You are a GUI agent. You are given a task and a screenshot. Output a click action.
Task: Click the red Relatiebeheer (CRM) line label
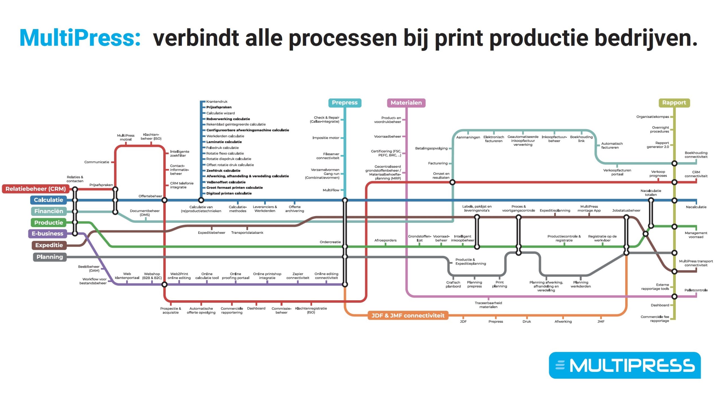pyautogui.click(x=35, y=189)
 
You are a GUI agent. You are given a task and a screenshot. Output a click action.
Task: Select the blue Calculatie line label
pyautogui.click(x=48, y=200)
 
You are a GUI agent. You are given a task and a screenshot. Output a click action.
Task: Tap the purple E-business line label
pyautogui.click(x=47, y=234)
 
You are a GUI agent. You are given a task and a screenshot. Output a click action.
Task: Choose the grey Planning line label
pyautogui.click(x=50, y=257)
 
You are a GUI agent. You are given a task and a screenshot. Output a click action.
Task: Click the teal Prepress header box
pyautogui.click(x=345, y=103)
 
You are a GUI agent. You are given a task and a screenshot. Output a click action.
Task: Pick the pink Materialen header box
pyautogui.click(x=406, y=103)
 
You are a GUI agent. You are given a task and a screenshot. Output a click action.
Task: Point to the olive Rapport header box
pyautogui.click(x=674, y=103)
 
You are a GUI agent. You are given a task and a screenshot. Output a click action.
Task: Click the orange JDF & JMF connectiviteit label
pyautogui.click(x=408, y=316)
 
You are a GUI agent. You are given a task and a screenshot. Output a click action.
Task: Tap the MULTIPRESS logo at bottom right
pyautogui.click(x=625, y=365)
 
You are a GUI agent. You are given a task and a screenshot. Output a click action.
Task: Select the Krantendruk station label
pyautogui.click(x=217, y=102)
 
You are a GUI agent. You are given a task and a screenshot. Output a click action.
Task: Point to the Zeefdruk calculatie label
pyautogui.click(x=223, y=171)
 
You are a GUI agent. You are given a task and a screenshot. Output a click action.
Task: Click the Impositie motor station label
pyautogui.click(x=326, y=138)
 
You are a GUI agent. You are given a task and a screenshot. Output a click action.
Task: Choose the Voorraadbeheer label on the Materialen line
pyautogui.click(x=388, y=137)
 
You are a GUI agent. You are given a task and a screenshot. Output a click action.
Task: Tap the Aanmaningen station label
pyautogui.click(x=468, y=137)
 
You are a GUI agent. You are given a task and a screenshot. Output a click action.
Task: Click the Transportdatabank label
pyautogui.click(x=247, y=233)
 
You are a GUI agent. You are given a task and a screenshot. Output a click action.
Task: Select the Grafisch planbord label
pyautogui.click(x=453, y=285)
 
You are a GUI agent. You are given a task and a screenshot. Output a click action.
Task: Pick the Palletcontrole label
pyautogui.click(x=696, y=290)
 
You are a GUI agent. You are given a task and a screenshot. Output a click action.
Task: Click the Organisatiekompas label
pyautogui.click(x=653, y=117)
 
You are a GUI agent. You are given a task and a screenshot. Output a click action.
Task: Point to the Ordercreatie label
pyautogui.click(x=330, y=242)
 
